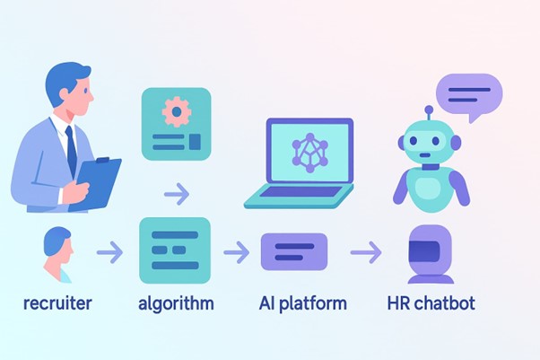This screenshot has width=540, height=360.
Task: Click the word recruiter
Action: [57, 303]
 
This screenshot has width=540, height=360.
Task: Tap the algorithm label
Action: [176, 303]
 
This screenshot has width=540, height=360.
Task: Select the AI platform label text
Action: [302, 303]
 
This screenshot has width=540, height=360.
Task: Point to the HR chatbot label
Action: [431, 303]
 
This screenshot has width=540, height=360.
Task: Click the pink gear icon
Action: [177, 111]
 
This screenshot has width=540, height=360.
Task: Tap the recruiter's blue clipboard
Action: [99, 182]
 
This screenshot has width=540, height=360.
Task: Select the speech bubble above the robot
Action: [469, 95]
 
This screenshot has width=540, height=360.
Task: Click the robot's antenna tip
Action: [429, 110]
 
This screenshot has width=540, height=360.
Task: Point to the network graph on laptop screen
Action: [310, 153]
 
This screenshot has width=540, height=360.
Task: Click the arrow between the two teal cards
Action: [177, 194]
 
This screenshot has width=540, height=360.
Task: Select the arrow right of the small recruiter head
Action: [109, 252]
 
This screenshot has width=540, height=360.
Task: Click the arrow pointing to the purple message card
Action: [237, 252]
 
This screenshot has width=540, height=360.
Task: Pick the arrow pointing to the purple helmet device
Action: [366, 252]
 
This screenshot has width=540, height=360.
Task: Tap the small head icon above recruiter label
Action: [58, 254]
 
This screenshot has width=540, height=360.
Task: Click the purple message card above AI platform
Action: [294, 251]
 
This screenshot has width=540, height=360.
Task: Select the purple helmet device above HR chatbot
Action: [431, 254]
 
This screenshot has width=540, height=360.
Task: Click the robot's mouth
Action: [425, 154]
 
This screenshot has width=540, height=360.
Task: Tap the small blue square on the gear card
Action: [195, 142]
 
